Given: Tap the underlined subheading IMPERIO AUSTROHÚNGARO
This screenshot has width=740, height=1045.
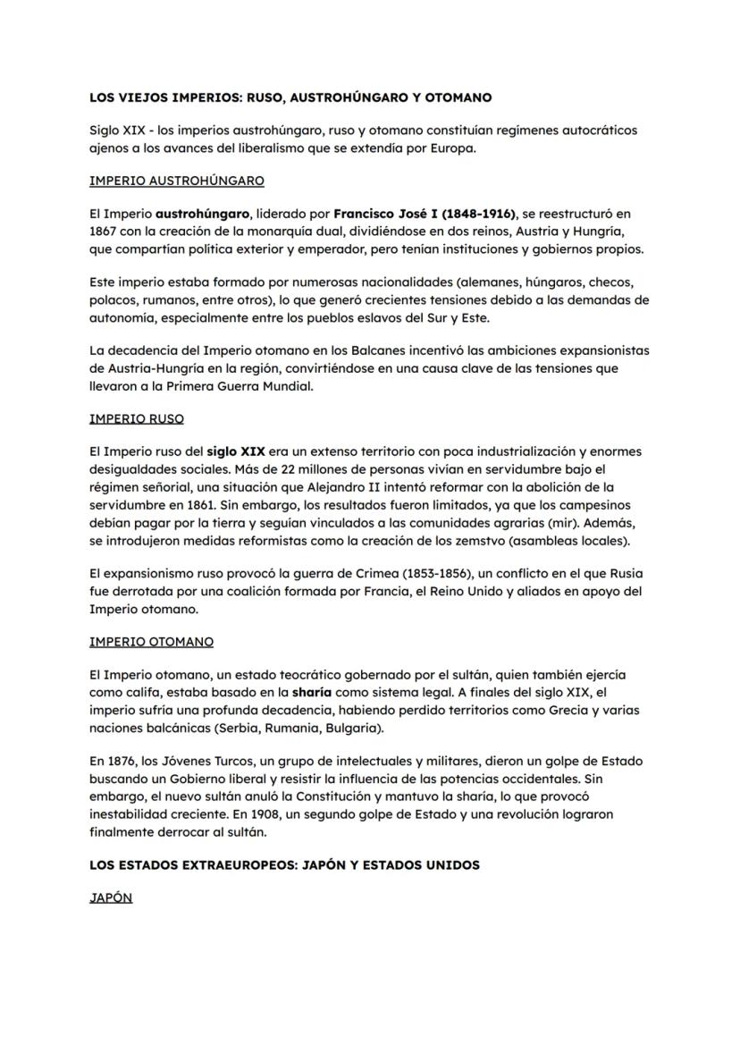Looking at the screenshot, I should (177, 181).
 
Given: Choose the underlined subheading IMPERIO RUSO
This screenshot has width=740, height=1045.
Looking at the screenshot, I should (137, 418).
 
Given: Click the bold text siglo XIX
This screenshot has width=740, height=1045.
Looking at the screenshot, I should (236, 452).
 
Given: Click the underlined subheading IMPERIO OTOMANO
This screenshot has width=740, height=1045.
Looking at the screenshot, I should (152, 642).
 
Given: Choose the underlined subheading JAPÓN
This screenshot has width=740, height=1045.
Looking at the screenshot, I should (111, 898).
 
